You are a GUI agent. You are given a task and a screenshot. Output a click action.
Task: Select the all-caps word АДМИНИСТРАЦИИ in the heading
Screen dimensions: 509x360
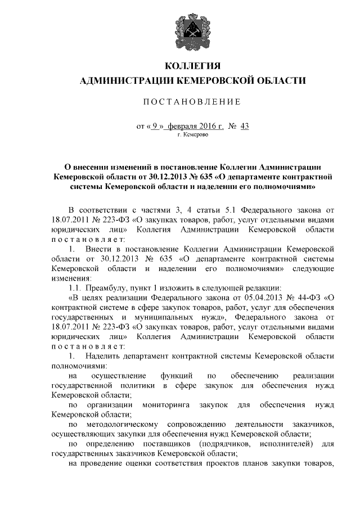point(128,82)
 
